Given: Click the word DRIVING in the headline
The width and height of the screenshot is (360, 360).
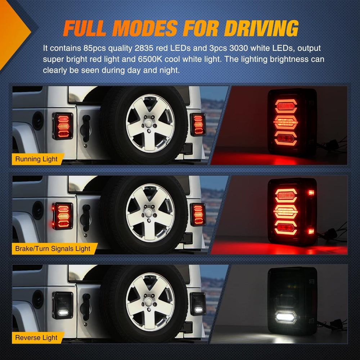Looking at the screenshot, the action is (261, 28).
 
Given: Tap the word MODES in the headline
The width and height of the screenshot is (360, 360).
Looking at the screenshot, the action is (145, 28).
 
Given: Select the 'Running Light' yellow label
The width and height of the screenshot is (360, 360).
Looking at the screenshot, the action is (37, 159).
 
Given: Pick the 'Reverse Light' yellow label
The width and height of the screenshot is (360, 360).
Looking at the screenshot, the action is (37, 338).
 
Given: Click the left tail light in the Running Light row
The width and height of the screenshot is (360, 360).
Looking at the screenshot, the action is (63, 126).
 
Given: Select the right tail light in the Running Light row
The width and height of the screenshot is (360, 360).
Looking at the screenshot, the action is (198, 125).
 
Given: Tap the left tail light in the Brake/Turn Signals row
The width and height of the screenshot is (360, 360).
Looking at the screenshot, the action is (63, 216).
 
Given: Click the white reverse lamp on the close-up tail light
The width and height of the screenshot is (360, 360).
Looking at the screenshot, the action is (285, 317).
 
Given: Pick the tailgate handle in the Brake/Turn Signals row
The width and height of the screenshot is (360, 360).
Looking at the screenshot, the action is (86, 218).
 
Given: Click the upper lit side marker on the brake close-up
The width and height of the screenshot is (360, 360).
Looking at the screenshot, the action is (311, 192).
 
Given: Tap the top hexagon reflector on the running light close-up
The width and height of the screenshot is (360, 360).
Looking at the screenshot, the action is (286, 106).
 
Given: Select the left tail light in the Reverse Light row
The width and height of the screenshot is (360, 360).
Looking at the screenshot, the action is (63, 305).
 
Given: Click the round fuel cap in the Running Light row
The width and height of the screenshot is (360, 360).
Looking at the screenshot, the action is (38, 121).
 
